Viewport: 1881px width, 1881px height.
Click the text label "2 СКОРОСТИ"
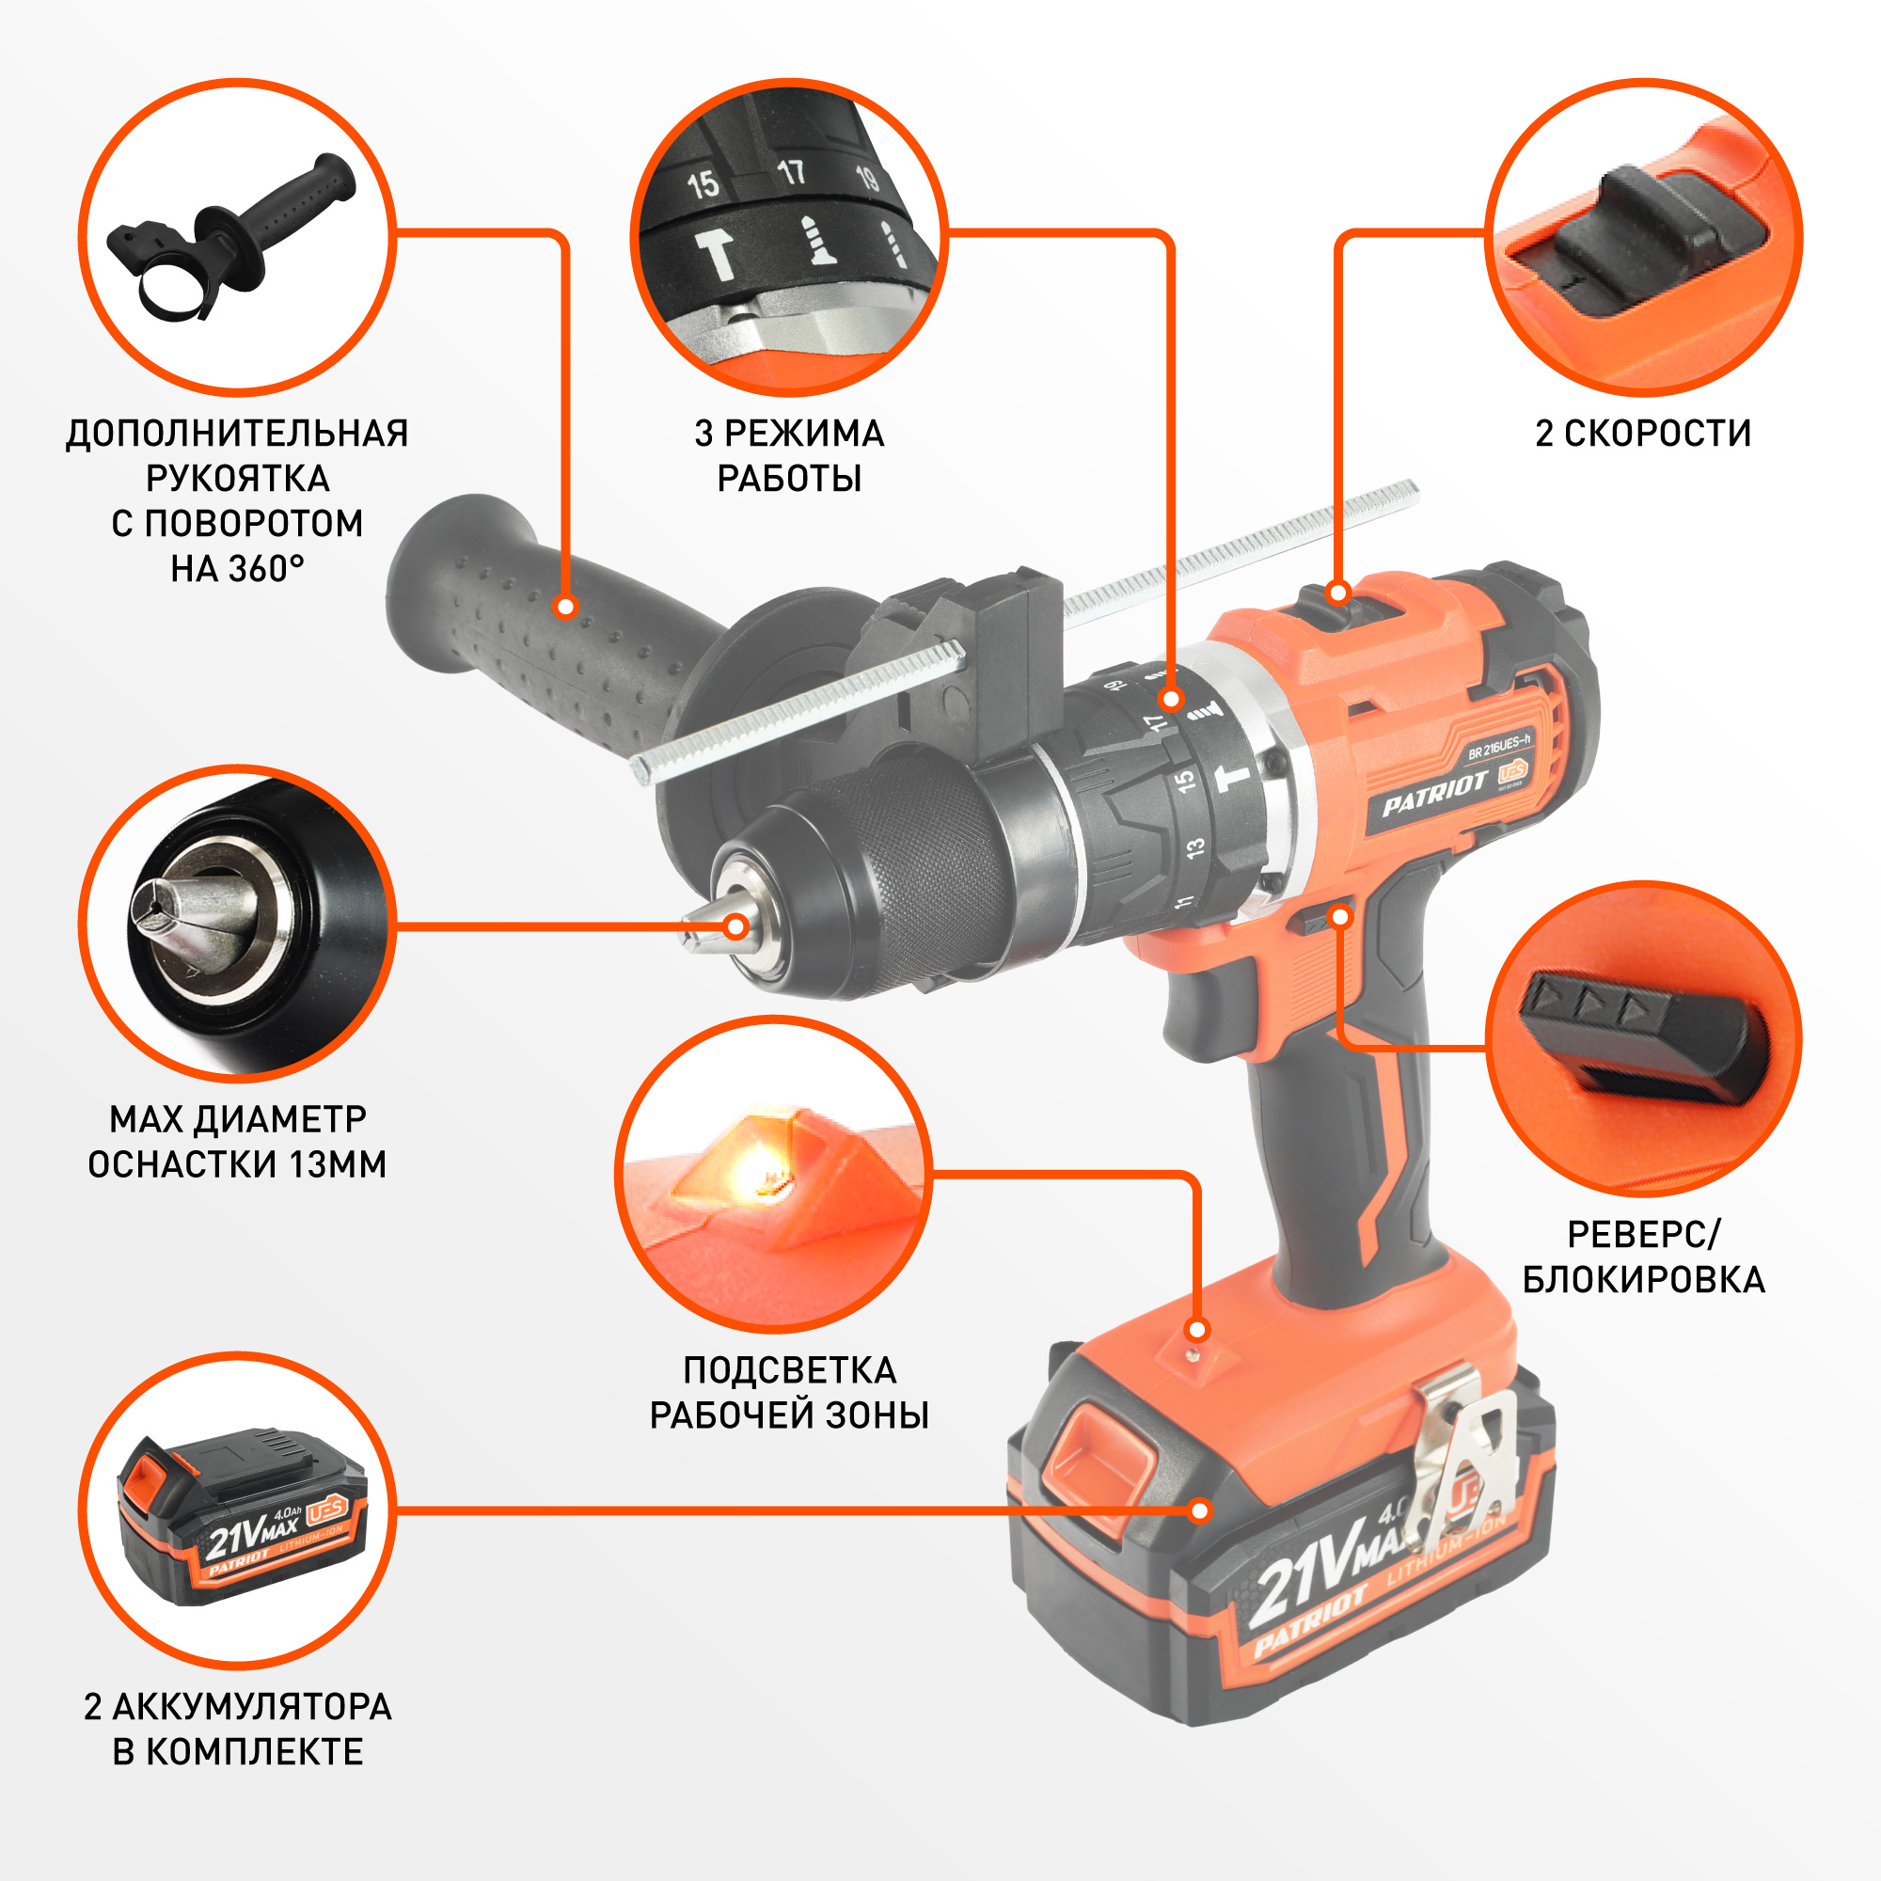coord(1642,434)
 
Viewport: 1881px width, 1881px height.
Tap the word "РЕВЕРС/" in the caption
coord(1643,1234)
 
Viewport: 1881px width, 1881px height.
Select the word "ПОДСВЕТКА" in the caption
coord(790,1370)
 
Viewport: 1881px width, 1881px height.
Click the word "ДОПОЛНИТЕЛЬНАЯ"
coord(238,434)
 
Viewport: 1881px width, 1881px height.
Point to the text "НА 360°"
coord(238,569)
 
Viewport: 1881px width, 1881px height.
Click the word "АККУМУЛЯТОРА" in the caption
coord(252,1707)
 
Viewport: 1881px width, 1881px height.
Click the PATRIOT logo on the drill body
coord(1434,795)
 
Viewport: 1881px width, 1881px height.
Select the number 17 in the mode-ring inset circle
coord(792,172)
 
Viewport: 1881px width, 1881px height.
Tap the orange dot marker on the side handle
coord(564,607)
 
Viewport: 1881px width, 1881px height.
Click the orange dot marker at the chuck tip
coord(737,925)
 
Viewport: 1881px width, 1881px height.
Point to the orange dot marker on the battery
coord(1200,1510)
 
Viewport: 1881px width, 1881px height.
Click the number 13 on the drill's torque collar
coord(1194,846)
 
